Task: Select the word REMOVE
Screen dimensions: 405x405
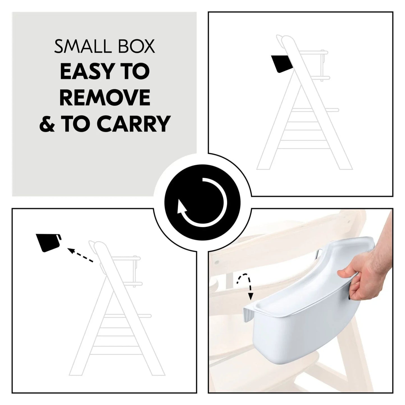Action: coord(105,98)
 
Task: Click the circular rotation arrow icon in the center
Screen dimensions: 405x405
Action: coord(202,202)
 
